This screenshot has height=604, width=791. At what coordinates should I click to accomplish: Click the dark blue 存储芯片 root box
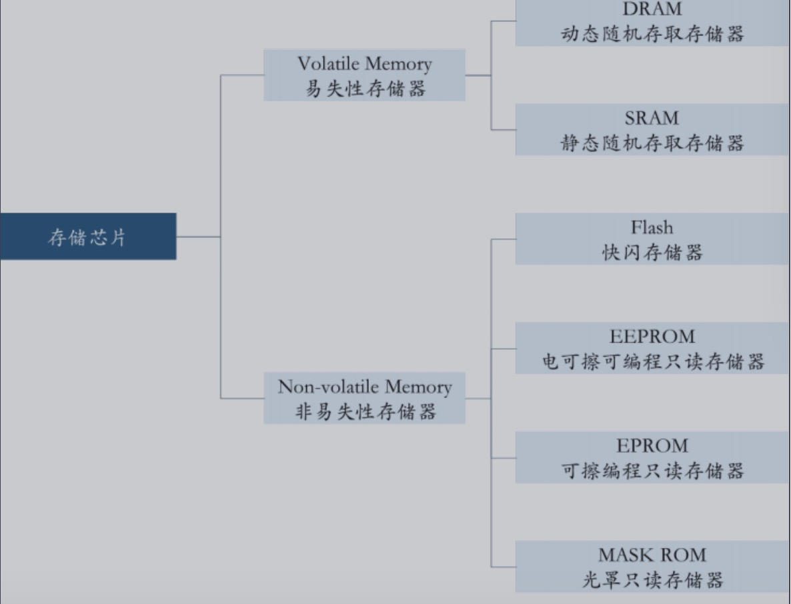tap(88, 236)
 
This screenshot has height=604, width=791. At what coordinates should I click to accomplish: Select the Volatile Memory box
tap(364, 75)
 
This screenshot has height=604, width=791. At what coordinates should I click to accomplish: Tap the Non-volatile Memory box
tap(364, 398)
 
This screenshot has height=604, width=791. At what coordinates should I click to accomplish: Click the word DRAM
tap(652, 9)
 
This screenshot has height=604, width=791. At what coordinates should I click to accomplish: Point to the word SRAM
tap(652, 118)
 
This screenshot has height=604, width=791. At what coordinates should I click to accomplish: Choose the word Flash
tap(652, 227)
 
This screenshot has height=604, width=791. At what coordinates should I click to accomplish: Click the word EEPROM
tap(652, 336)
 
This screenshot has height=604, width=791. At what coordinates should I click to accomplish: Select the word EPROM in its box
tap(652, 445)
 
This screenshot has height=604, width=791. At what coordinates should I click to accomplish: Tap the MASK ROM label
tap(652, 555)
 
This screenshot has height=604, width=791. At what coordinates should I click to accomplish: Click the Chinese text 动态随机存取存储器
tap(652, 34)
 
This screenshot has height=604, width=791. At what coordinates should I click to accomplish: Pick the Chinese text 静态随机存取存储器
tap(652, 143)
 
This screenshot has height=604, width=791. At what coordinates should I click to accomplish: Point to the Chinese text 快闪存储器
tap(652, 252)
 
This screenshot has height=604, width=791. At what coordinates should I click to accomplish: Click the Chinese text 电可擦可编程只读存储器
tap(652, 361)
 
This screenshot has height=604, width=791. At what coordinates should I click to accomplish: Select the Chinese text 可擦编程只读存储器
tap(652, 471)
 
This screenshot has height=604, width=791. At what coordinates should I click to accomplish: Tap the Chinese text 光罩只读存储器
tap(652, 579)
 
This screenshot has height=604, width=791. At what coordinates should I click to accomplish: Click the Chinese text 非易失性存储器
tap(365, 411)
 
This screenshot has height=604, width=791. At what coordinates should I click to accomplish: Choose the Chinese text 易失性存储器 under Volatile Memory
tap(365, 89)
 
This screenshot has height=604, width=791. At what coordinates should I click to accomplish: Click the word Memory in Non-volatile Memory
tap(418, 387)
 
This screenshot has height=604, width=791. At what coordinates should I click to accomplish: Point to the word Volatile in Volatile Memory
tap(327, 64)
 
